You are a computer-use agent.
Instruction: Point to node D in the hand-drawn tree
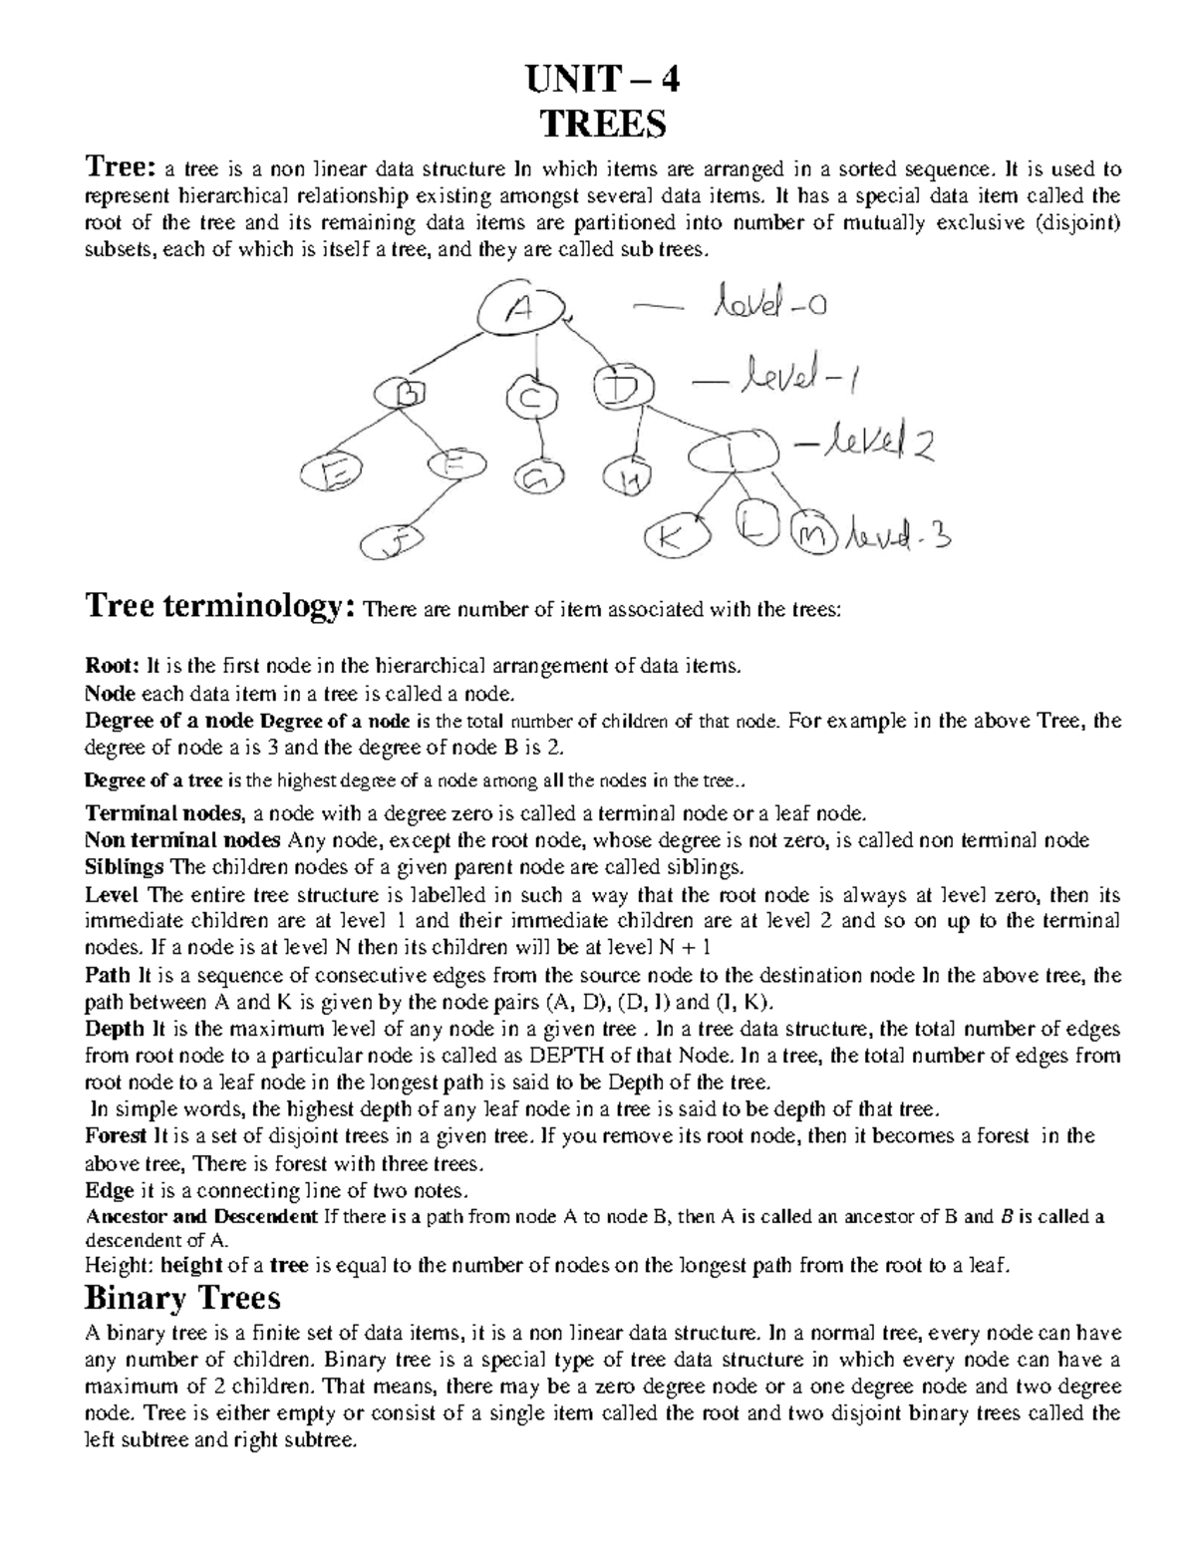pyautogui.click(x=621, y=386)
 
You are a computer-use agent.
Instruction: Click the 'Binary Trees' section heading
pyautogui.click(x=182, y=1298)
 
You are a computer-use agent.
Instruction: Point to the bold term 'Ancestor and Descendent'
pyautogui.click(x=201, y=1216)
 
